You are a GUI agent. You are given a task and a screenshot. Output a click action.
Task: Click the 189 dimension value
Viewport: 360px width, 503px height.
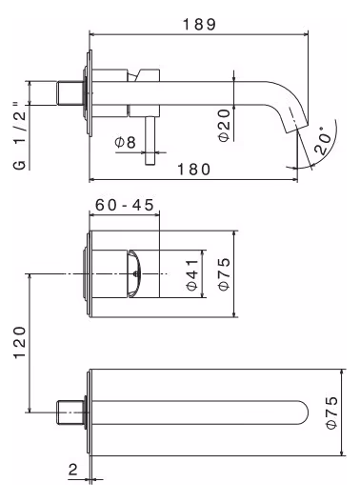pos(199,25)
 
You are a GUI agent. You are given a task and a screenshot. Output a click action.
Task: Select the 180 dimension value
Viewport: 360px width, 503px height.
pos(194,169)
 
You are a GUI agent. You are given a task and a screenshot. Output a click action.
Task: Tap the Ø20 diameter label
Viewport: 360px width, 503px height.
pos(225,125)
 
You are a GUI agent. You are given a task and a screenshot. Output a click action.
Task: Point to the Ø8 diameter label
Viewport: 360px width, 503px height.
pos(125,142)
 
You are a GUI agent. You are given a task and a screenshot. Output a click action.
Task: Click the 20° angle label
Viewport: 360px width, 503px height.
pos(322,140)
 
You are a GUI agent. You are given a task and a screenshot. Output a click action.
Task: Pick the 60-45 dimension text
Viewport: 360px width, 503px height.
pos(125,206)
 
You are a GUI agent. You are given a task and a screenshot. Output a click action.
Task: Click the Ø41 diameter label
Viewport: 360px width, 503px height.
pos(192,274)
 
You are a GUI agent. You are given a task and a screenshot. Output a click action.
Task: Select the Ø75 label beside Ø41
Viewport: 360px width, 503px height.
pos(225,273)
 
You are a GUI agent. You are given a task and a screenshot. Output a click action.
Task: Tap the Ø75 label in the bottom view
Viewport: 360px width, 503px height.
pos(331,412)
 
